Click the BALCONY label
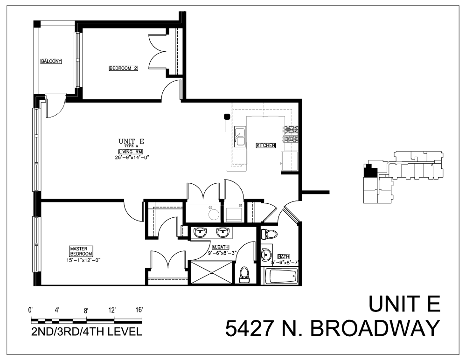coord(51,61)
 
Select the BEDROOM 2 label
coord(124,69)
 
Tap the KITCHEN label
coord(266,145)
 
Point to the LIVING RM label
coord(131,152)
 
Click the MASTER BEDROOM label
coord(82,251)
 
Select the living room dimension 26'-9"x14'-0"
coord(131,158)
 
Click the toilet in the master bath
coord(243,275)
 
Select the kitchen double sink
coord(241,137)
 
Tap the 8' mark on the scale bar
coord(86,310)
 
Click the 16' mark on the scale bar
coord(139,310)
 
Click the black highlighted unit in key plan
coord(370,170)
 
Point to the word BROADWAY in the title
coord(375,329)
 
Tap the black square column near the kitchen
coord(227,117)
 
